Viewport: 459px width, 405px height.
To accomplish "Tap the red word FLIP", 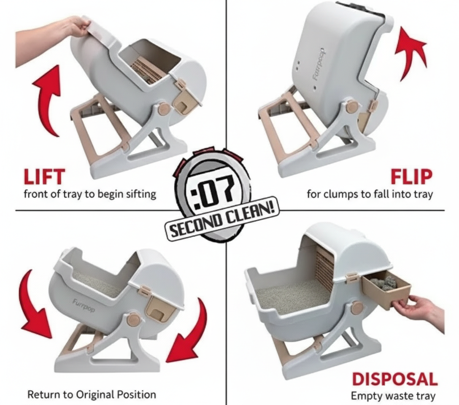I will [x=411, y=176].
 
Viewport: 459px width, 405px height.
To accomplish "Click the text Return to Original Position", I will [x=92, y=395].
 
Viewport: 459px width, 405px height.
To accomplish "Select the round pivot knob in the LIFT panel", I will [x=164, y=109].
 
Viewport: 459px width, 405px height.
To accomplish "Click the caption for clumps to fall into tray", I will [x=369, y=194].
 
